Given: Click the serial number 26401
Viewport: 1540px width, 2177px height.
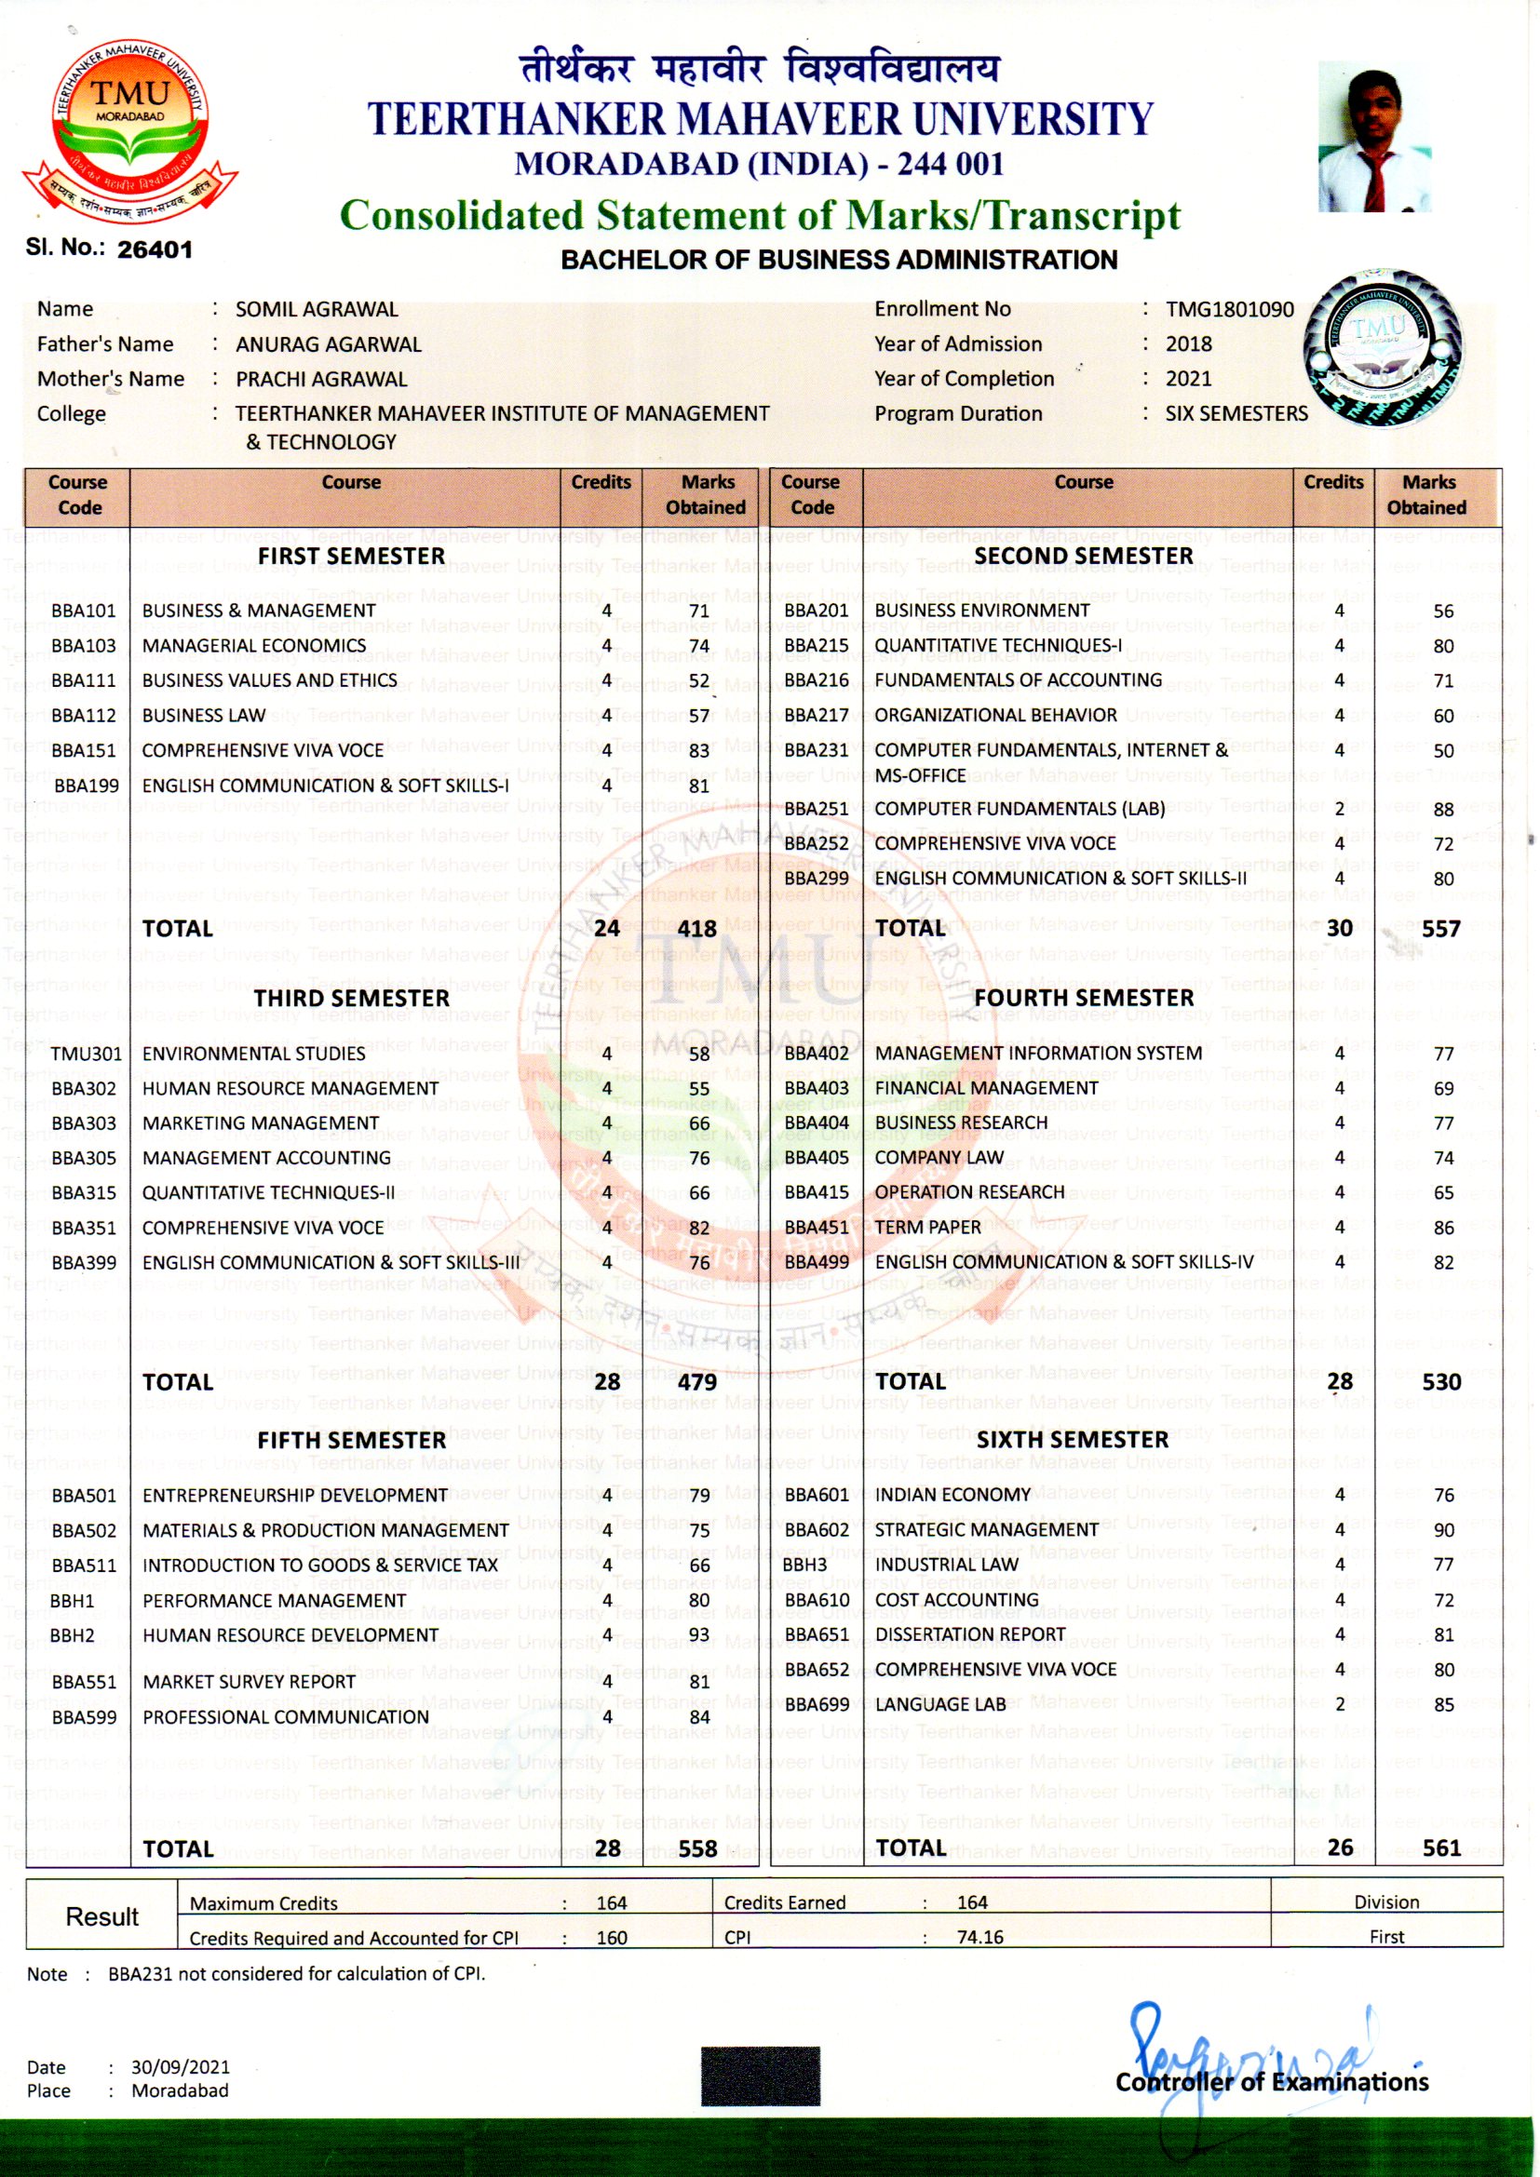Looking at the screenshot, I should click(155, 249).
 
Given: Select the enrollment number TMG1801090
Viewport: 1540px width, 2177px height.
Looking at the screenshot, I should click(1229, 310).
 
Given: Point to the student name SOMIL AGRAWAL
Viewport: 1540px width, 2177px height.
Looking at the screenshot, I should click(317, 310).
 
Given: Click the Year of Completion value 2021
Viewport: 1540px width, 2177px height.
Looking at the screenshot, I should click(1188, 379).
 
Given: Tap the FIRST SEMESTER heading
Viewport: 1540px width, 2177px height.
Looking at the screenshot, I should click(351, 557).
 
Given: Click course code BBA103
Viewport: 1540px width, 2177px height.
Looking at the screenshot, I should click(84, 647).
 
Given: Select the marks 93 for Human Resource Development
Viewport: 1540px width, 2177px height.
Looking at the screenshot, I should click(699, 1635).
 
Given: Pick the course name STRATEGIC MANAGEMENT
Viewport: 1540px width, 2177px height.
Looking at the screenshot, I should click(986, 1530).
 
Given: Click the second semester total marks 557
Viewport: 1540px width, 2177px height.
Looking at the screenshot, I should click(1440, 929).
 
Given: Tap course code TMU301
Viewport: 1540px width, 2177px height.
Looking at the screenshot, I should click(87, 1055).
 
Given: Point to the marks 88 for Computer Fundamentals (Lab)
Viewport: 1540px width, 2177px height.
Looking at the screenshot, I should click(1443, 810).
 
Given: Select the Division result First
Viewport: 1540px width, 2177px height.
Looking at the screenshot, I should click(1386, 1937).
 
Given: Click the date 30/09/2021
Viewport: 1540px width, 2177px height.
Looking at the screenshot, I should click(181, 2067).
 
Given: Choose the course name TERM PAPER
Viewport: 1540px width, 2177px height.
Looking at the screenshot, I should click(927, 1228).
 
